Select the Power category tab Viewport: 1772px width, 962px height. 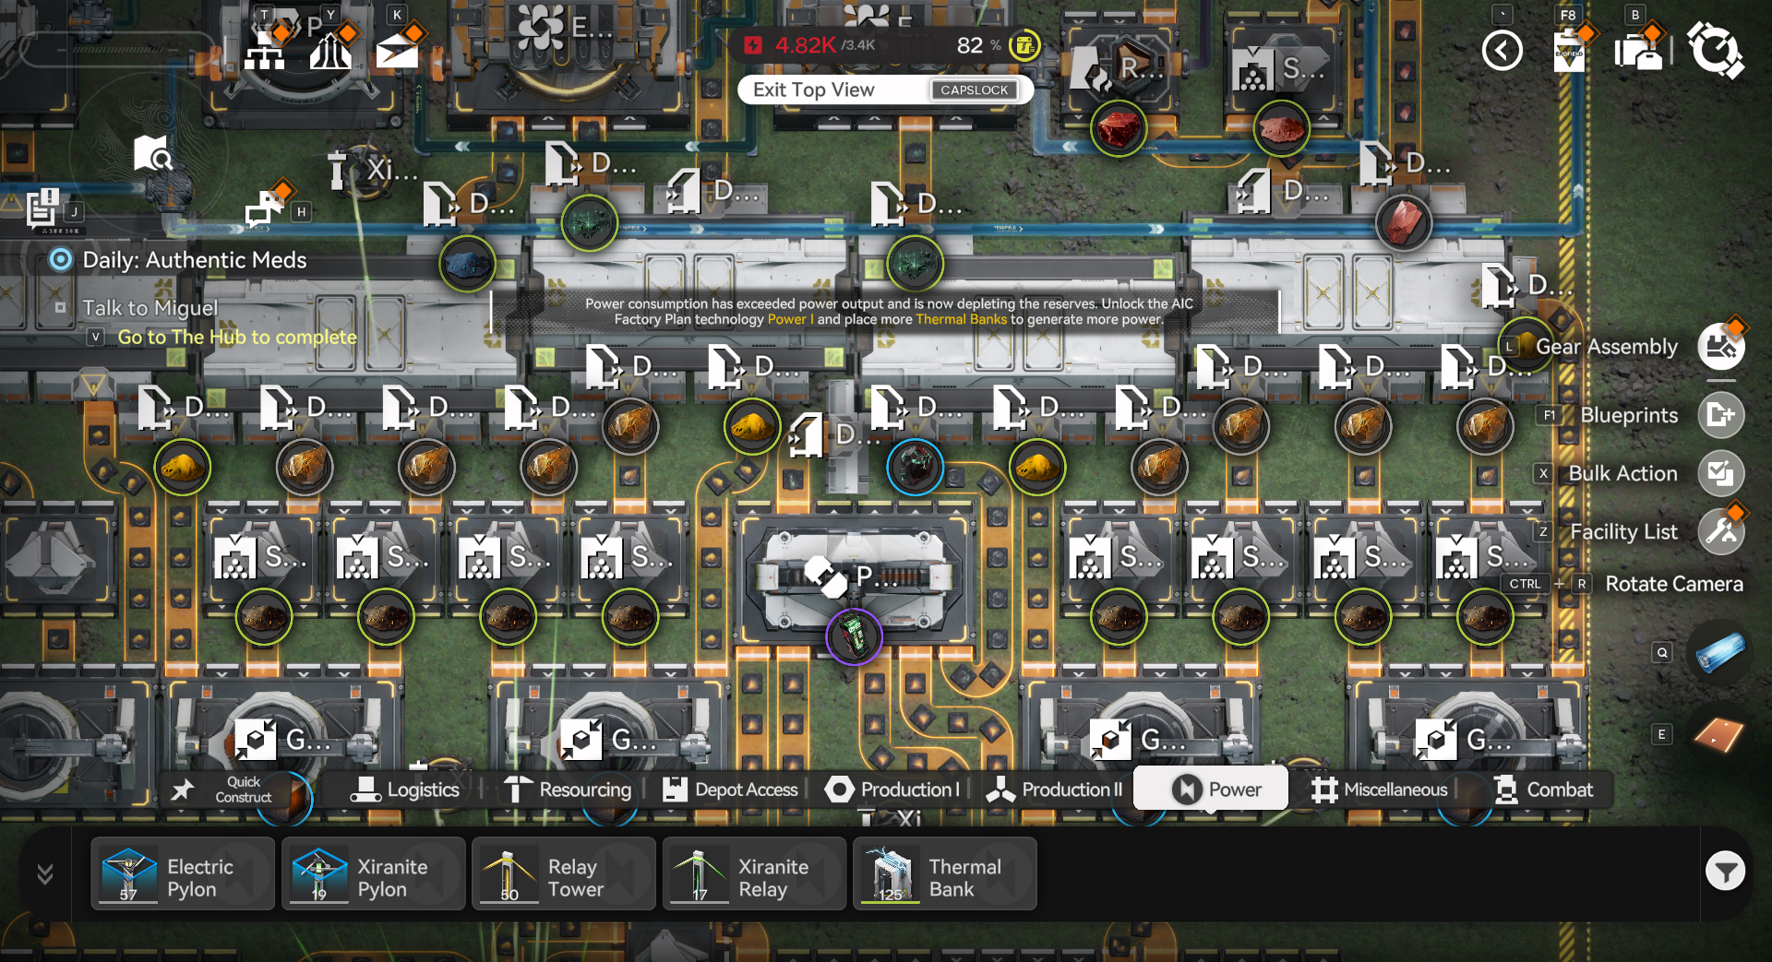1211,790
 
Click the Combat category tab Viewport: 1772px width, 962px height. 1543,790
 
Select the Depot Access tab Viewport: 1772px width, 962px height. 730,790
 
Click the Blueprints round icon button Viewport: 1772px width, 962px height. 1721,415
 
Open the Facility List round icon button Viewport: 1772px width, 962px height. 1721,531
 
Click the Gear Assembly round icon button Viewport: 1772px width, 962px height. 1721,347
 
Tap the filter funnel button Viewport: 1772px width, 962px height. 1725,871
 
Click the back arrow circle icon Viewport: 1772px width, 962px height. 1502,50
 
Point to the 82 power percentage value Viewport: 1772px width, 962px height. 970,45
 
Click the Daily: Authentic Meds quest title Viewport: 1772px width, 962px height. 194,260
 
